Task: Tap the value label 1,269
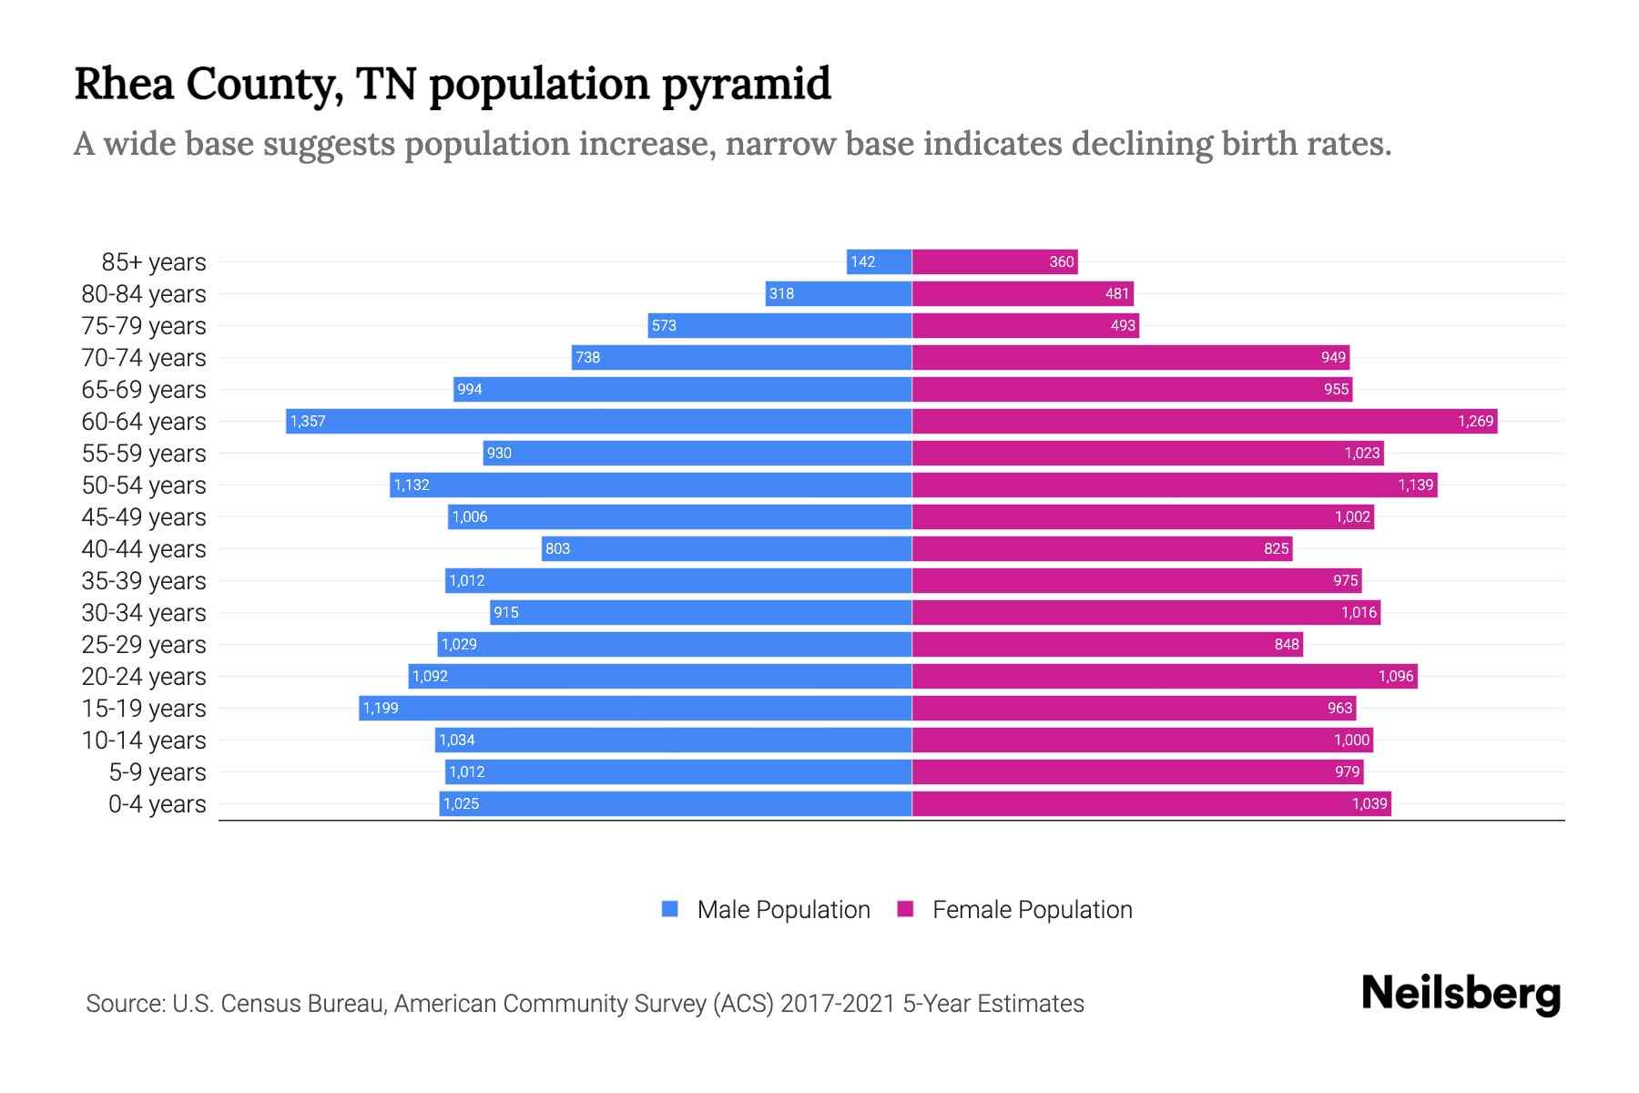pyautogui.click(x=1475, y=421)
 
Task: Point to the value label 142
pyautogui.click(x=862, y=262)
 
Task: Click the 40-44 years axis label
pyautogui.click(x=144, y=549)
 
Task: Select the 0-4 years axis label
pyautogui.click(x=157, y=804)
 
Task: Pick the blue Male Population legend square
pyautogui.click(x=670, y=909)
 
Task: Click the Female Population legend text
pyautogui.click(x=1032, y=910)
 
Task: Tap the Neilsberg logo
pyautogui.click(x=1461, y=994)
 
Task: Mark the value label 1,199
pyautogui.click(x=381, y=709)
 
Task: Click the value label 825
pyautogui.click(x=1276, y=549)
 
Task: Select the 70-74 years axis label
pyautogui.click(x=144, y=358)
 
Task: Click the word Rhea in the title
pyautogui.click(x=124, y=85)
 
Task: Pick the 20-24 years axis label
pyautogui.click(x=144, y=677)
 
